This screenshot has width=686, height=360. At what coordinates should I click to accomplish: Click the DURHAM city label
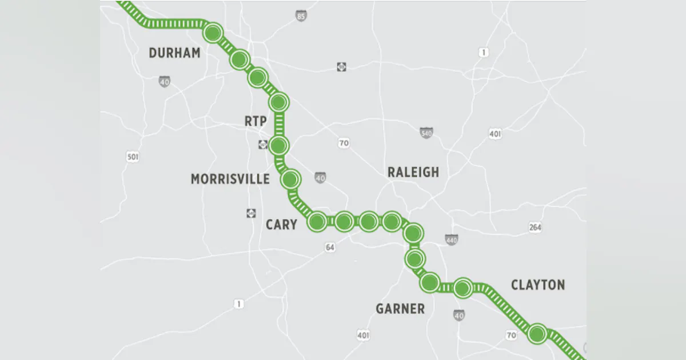click(x=174, y=53)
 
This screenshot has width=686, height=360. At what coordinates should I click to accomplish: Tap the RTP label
click(x=256, y=121)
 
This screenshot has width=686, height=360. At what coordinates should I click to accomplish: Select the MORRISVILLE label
click(x=230, y=179)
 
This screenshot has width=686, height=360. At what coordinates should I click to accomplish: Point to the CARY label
click(x=281, y=225)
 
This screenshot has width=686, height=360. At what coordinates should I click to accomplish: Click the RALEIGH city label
click(x=413, y=172)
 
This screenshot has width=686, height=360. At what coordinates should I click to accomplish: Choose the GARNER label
click(x=400, y=309)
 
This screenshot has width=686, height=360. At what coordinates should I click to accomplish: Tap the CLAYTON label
click(x=537, y=285)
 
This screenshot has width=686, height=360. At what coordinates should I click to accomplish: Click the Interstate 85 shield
click(x=301, y=17)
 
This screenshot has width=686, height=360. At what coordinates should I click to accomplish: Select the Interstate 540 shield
click(x=426, y=133)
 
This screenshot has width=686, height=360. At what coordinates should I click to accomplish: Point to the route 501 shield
click(x=133, y=157)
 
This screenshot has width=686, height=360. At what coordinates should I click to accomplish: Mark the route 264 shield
click(x=535, y=227)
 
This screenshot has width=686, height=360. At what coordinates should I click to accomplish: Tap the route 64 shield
click(x=330, y=247)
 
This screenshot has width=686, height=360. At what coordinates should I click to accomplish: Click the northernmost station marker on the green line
click(x=213, y=33)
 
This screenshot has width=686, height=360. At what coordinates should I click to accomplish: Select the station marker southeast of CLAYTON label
click(x=537, y=333)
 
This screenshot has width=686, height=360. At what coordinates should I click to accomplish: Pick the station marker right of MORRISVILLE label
click(x=290, y=180)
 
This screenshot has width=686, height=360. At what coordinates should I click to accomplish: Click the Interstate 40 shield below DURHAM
click(x=164, y=82)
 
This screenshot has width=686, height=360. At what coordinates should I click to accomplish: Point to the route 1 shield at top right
click(x=484, y=53)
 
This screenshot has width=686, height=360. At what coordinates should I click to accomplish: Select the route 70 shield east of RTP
click(x=343, y=143)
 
